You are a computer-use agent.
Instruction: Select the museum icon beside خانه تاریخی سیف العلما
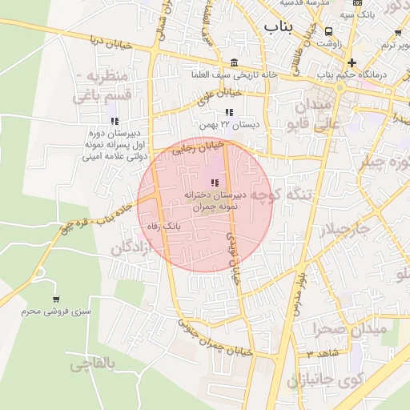[x=233, y=62]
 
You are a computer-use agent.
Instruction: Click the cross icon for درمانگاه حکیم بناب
[x=352, y=62]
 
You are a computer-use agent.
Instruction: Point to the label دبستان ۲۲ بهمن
[x=230, y=126]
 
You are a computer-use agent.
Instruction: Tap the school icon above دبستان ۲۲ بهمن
[x=230, y=113]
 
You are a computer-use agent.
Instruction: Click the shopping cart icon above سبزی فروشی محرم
[x=55, y=297]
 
